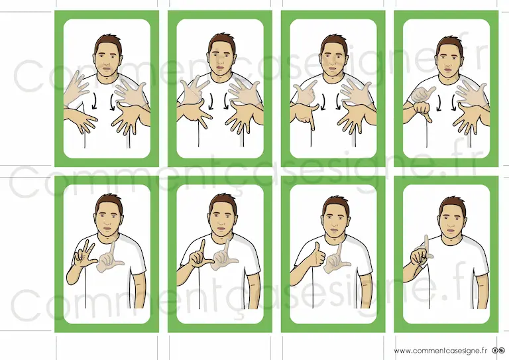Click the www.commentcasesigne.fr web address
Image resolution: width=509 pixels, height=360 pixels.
coord(441,351)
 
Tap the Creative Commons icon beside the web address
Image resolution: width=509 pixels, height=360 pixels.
coord(498,351)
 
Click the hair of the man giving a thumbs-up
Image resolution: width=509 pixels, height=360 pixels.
coord(335,203)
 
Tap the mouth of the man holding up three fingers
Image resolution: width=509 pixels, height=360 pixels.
coord(108,229)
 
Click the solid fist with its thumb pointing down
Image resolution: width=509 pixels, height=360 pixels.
coord(422,111)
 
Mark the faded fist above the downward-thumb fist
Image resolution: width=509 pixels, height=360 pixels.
coord(422,94)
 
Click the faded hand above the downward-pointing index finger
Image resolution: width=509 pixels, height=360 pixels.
coord(304,93)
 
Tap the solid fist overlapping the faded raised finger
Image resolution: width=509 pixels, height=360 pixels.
coord(420,257)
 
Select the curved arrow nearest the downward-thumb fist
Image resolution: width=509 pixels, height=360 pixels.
coord(439,103)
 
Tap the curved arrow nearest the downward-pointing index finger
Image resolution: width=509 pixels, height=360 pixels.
coord(323,102)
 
